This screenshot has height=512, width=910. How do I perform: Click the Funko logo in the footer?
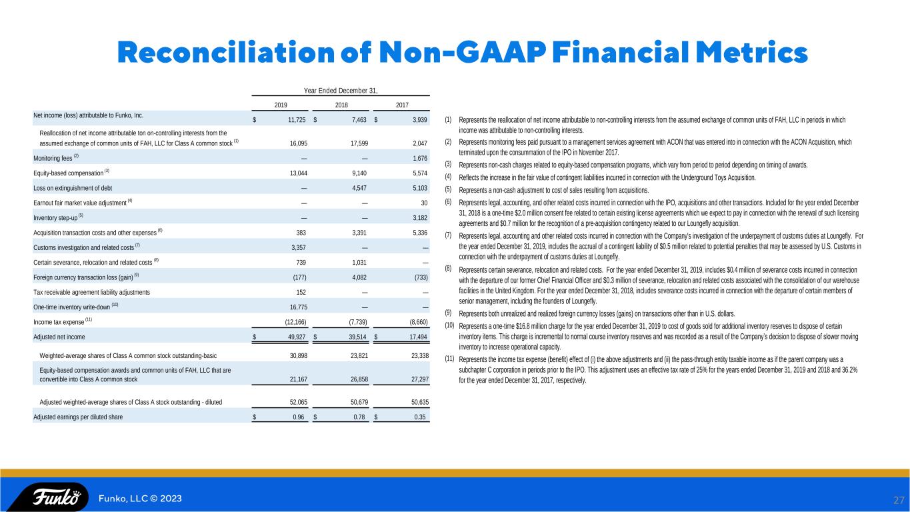tap(56, 497)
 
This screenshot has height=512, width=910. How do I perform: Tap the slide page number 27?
tap(899, 500)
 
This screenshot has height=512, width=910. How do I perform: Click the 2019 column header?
tap(281, 105)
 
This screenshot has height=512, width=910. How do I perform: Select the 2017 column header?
tap(402, 105)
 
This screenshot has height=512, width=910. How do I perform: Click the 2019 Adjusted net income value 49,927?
tap(297, 337)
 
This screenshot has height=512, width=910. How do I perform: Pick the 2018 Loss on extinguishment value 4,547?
tap(359, 188)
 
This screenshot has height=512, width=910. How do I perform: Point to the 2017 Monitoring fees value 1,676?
tap(420, 159)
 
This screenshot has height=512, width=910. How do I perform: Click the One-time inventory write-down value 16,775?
tap(299, 307)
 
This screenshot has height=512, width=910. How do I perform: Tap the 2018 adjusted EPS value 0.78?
tap(359, 417)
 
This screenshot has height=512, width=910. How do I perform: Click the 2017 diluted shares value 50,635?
tap(420, 402)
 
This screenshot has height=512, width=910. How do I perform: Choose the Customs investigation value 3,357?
tap(299, 247)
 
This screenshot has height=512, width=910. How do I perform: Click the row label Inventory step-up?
tap(55, 218)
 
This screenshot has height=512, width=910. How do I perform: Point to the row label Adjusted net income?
tap(59, 337)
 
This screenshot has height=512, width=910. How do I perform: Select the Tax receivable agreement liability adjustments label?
tap(91, 292)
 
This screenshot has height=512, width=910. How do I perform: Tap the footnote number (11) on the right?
tap(449, 359)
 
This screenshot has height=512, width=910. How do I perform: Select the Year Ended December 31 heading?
tap(341, 91)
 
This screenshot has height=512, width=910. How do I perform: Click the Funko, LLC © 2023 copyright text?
tap(140, 499)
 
